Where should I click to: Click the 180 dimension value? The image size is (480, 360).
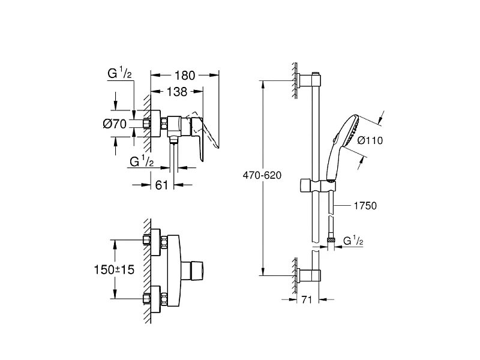pos(185,76)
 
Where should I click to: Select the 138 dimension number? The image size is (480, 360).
pos(177,92)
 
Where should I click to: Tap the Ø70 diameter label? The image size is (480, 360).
pos(115,124)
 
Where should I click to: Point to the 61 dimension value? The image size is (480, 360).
pos(161,185)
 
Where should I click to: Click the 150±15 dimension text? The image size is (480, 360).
pos(114,269)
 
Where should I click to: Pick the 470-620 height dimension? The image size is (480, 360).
pos(262,175)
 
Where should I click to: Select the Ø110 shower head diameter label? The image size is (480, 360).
pos(370,140)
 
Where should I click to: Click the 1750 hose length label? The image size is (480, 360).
pos(365,206)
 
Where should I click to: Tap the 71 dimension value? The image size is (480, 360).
pos(307,299)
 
